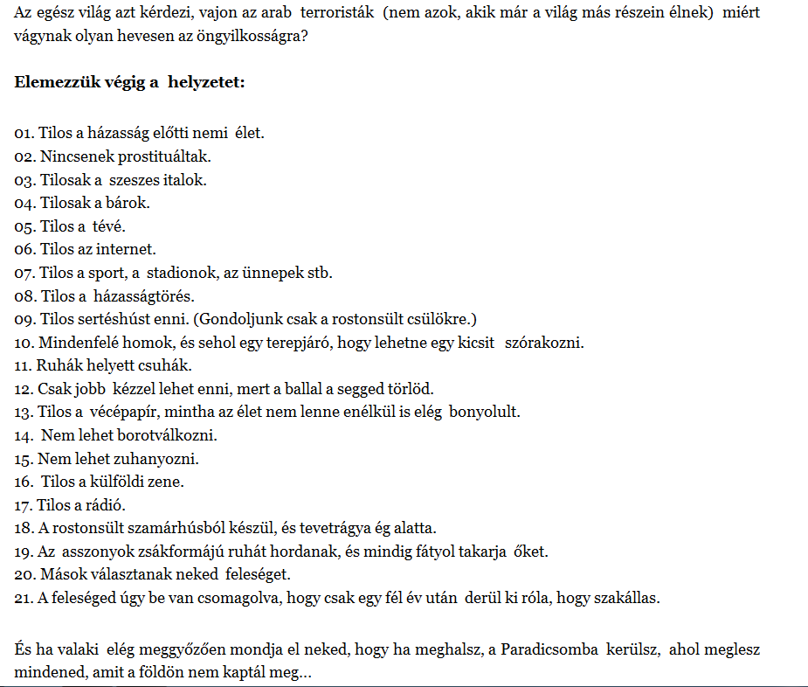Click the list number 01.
[24, 134]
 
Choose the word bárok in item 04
[130, 203]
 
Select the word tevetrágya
[337, 528]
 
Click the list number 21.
[23, 598]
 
